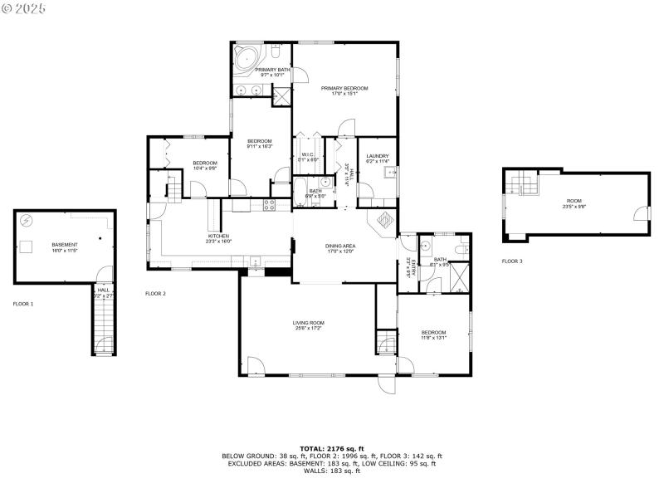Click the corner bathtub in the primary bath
(246, 60)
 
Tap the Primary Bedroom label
(344, 88)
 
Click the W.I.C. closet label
(307, 154)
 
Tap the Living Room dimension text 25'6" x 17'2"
(308, 329)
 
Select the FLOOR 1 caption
(23, 305)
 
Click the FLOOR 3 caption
(512, 261)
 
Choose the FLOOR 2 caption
(156, 294)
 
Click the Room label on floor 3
(574, 201)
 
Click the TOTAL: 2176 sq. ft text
(331, 448)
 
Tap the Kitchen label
(218, 236)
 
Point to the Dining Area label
(340, 246)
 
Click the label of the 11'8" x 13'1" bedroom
(433, 333)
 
